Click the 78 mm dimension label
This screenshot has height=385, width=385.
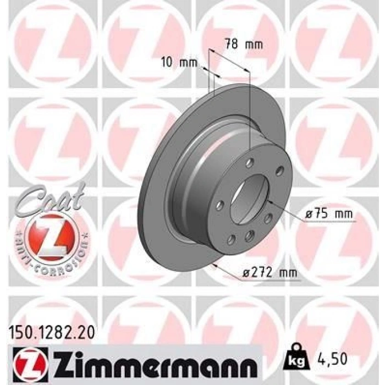[244, 45]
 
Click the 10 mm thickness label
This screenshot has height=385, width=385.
[179, 63]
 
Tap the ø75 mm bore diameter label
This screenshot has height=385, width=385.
[328, 214]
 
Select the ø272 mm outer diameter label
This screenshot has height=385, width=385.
[269, 273]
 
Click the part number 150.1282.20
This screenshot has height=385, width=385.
[52, 333]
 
